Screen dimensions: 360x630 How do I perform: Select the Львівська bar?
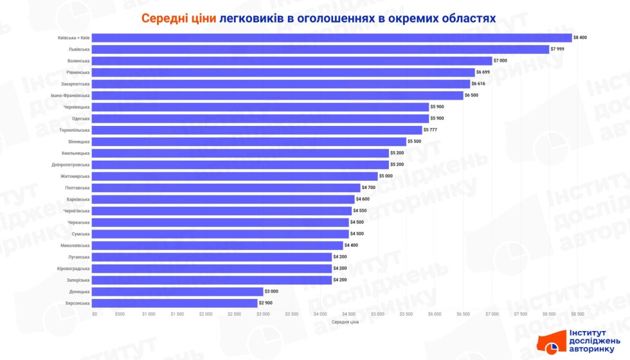click(x=321, y=49)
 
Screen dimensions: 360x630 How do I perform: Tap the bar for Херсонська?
click(x=175, y=303)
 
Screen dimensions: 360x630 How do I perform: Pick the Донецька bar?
click(x=178, y=291)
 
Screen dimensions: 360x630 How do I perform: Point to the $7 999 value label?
click(x=558, y=49)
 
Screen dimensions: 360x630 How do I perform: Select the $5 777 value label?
click(x=431, y=130)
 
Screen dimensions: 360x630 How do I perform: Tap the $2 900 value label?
click(x=266, y=303)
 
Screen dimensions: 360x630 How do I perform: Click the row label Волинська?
click(x=78, y=60)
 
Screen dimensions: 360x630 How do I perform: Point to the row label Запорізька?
click(x=78, y=280)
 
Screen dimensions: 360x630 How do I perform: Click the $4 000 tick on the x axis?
click(x=321, y=314)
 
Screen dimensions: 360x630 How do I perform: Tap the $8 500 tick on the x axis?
click(x=577, y=314)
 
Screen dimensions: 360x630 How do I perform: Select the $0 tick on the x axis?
click(x=94, y=314)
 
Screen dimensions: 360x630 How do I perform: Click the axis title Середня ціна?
click(x=345, y=322)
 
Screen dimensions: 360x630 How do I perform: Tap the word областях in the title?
click(x=465, y=18)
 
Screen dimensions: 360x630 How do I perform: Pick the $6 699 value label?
click(x=484, y=72)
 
